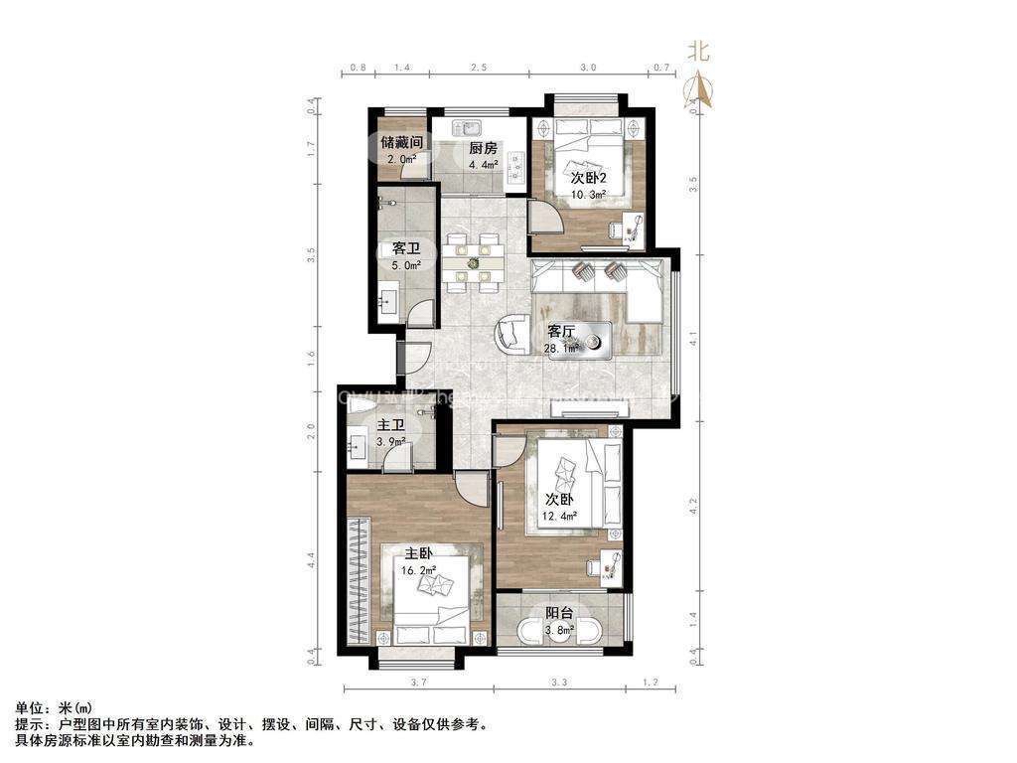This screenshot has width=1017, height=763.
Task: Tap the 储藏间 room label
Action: tap(402, 142)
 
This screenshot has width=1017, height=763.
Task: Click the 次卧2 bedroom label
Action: tap(588, 178)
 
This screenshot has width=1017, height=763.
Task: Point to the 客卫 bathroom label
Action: tap(406, 248)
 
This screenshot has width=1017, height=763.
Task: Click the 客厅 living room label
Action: tap(562, 332)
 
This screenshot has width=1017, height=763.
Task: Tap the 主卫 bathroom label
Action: tap(388, 428)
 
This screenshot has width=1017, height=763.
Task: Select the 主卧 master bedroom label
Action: tap(418, 553)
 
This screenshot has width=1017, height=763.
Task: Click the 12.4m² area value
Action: tap(561, 516)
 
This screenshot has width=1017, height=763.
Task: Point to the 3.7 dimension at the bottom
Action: tap(417, 682)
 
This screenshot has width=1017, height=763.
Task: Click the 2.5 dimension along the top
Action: tap(479, 68)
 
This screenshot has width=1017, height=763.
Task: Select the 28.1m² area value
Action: tap(562, 349)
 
